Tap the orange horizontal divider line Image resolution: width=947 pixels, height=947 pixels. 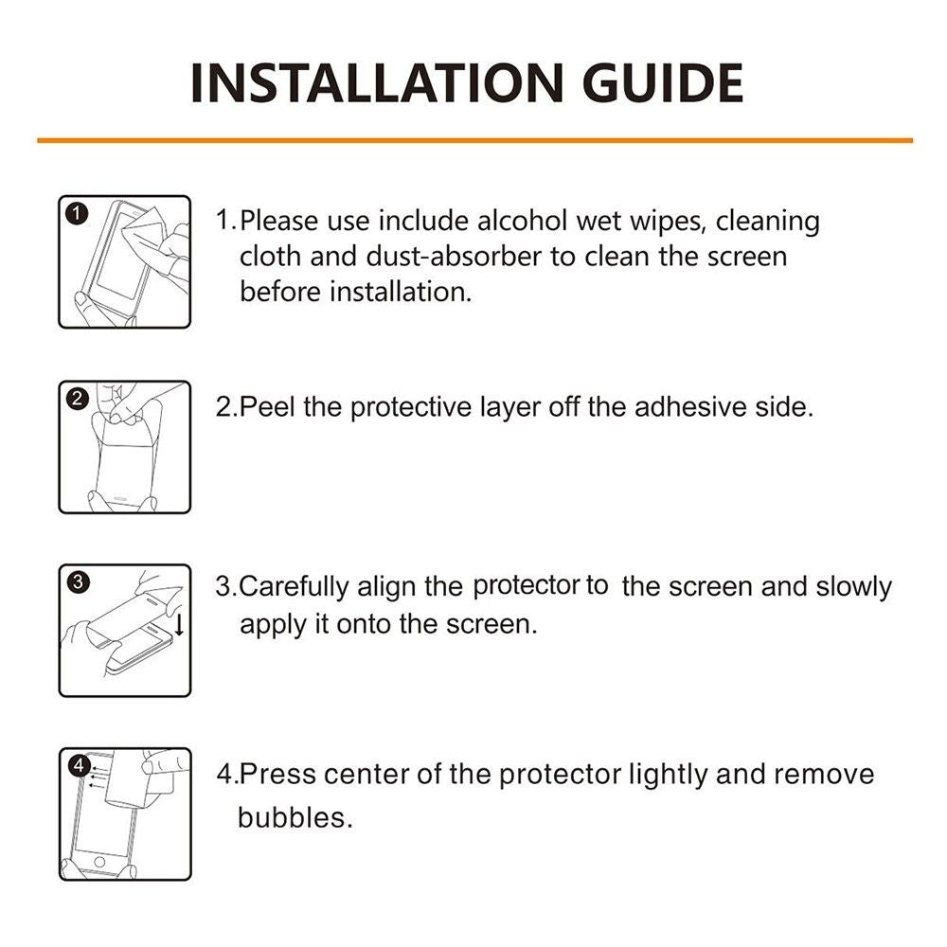pyautogui.click(x=474, y=141)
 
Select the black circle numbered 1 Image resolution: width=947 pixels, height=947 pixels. pyautogui.click(x=77, y=213)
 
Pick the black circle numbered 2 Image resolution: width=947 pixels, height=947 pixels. pyautogui.click(x=78, y=399)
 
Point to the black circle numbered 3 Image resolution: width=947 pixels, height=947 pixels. pyautogui.click(x=78, y=581)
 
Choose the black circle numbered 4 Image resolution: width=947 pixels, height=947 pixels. pyautogui.click(x=79, y=766)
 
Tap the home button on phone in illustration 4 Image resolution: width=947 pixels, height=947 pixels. pyautogui.click(x=100, y=862)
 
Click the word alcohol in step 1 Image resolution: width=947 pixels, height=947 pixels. pyautogui.click(x=523, y=221)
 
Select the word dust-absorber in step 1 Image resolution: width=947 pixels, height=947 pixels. pyautogui.click(x=454, y=256)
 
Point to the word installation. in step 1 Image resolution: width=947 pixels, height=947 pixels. pyautogui.click(x=400, y=292)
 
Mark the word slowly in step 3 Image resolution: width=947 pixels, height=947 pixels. pyautogui.click(x=853, y=587)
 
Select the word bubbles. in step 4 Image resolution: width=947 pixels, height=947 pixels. pyautogui.click(x=295, y=817)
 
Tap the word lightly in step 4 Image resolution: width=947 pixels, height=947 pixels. pyautogui.click(x=668, y=776)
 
